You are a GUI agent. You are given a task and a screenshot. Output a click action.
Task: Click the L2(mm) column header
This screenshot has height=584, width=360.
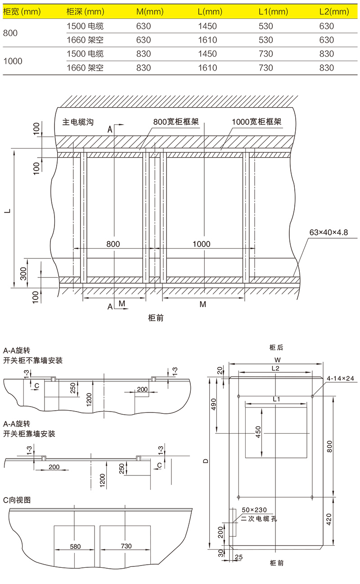point(333,12)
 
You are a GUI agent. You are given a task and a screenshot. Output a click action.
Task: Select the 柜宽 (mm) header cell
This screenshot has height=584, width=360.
point(22,12)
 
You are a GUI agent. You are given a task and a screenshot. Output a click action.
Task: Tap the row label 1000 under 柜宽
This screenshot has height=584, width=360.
point(13,61)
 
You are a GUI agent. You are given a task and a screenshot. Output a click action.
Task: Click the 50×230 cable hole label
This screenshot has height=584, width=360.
point(254,509)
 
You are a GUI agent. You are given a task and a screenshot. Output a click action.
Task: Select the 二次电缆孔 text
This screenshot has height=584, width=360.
point(260,519)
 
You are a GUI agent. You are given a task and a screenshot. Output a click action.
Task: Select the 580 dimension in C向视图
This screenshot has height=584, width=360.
point(75,546)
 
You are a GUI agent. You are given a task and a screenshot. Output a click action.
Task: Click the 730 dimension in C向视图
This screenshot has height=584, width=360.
point(126,546)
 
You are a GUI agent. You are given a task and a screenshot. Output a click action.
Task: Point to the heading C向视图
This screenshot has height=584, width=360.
point(17,501)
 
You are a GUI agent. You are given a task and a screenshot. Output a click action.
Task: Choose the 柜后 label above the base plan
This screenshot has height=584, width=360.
point(276,347)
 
